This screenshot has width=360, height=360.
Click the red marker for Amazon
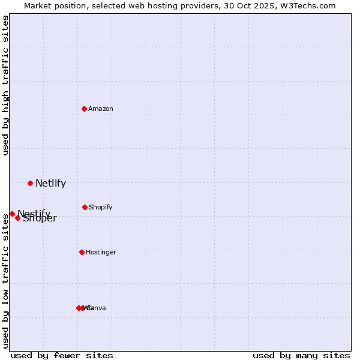(x=85, y=109)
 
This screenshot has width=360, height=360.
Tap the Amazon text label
(x=101, y=109)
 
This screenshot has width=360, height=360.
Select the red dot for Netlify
(x=30, y=183)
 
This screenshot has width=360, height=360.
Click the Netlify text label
(x=50, y=184)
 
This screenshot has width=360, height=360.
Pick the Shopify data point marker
(x=85, y=207)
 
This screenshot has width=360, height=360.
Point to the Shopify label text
(x=101, y=208)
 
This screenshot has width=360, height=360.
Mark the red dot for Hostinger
(x=82, y=252)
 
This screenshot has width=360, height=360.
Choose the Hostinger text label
(x=101, y=253)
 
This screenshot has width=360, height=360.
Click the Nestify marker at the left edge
(x=12, y=214)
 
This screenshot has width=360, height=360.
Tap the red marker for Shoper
(x=18, y=218)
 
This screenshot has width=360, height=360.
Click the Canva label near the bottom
(x=97, y=308)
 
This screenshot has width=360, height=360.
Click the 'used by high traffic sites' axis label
(x=6, y=85)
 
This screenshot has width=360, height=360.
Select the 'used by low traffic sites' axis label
(x=6, y=281)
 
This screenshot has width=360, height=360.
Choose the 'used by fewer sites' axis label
(x=62, y=356)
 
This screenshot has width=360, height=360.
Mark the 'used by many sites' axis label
(x=301, y=356)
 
